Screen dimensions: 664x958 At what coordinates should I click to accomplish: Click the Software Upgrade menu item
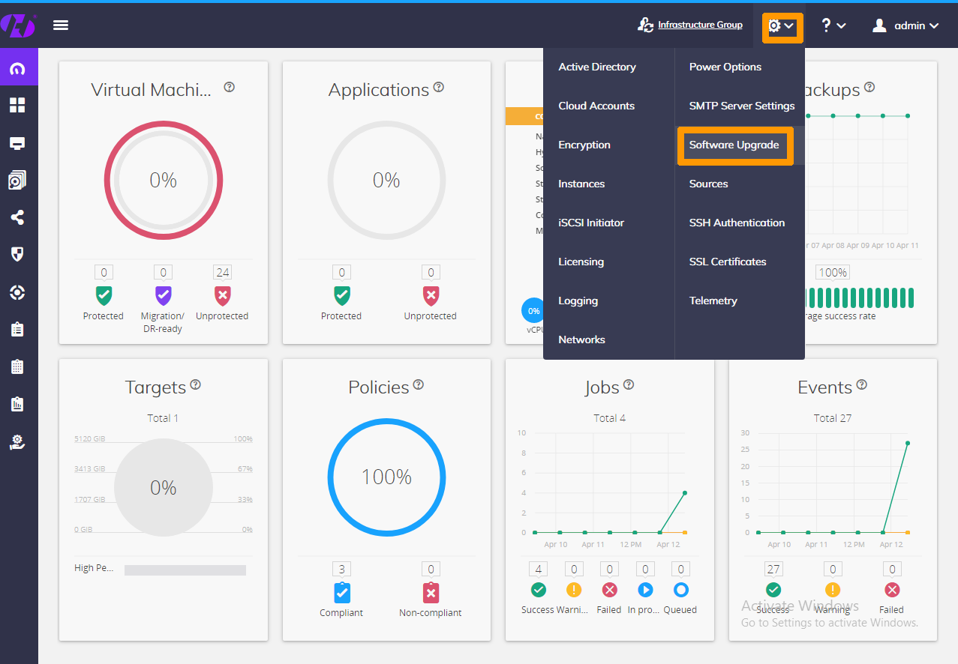pyautogui.click(x=734, y=145)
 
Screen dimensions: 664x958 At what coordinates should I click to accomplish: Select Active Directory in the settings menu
pyautogui.click(x=596, y=67)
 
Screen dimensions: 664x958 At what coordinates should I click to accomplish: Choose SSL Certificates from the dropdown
pyautogui.click(x=727, y=262)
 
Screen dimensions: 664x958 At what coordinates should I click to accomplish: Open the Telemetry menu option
pyautogui.click(x=713, y=301)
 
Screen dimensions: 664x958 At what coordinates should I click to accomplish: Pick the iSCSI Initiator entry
pyautogui.click(x=590, y=223)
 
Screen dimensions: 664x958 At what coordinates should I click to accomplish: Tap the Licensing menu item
pyautogui.click(x=581, y=262)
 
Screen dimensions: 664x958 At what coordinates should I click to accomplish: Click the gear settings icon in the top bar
pyautogui.click(x=781, y=26)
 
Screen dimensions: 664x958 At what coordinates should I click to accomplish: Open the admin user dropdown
pyautogui.click(x=905, y=25)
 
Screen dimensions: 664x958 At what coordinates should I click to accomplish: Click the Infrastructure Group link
pyautogui.click(x=699, y=25)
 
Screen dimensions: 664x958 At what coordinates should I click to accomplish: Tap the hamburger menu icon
pyautogui.click(x=61, y=25)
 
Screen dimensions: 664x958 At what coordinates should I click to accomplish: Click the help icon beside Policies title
pyautogui.click(x=419, y=384)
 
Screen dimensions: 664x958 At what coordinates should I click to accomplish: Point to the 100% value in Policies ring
pyautogui.click(x=386, y=477)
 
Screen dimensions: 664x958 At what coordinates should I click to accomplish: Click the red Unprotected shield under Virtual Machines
pyautogui.click(x=222, y=295)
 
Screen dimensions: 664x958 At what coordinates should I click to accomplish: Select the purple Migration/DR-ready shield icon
pyautogui.click(x=163, y=295)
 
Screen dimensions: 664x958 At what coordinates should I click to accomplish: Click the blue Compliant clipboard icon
pyautogui.click(x=341, y=593)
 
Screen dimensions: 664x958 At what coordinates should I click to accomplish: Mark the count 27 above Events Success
pyautogui.click(x=773, y=570)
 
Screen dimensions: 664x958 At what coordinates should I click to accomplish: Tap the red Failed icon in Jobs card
pyautogui.click(x=609, y=590)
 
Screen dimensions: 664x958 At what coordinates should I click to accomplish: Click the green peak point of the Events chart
pyautogui.click(x=907, y=443)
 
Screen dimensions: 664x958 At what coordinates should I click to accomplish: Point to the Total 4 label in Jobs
pyautogui.click(x=609, y=418)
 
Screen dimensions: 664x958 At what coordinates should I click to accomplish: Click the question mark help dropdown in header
pyautogui.click(x=833, y=25)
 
